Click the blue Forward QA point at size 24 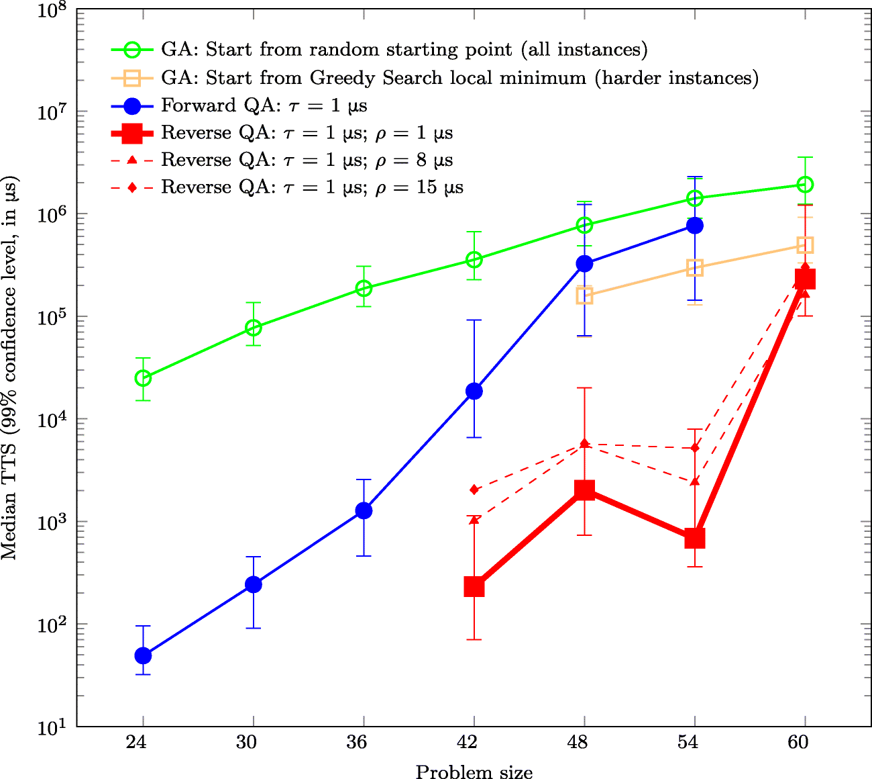point(143,655)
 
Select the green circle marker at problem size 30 point(254,328)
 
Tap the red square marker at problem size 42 point(474,587)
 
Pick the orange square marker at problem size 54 point(695,268)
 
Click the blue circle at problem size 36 point(364,510)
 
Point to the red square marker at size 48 point(584,490)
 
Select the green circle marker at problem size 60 point(805,185)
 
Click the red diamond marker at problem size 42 point(474,490)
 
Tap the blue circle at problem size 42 point(474,391)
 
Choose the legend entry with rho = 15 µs point(312,187)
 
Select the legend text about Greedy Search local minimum point(459,79)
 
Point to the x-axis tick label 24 point(143,743)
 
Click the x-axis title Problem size point(474,771)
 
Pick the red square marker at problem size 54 point(695,539)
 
